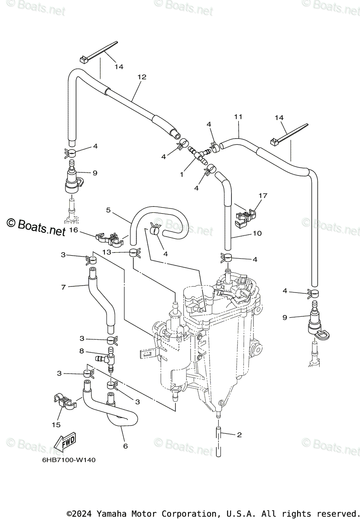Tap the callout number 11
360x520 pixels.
(238, 117)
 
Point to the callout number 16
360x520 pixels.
(73, 231)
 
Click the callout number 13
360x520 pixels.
(107, 252)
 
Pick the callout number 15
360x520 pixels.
(56, 425)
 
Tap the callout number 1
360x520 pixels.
(182, 174)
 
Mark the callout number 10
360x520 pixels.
(257, 234)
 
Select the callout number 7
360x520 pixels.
(63, 286)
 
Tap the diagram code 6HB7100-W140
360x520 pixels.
(63, 460)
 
